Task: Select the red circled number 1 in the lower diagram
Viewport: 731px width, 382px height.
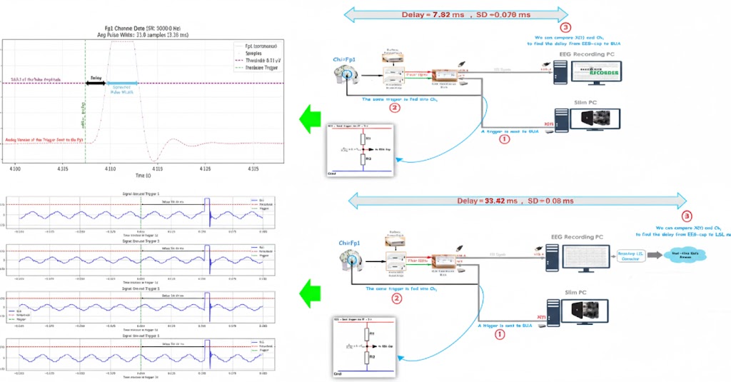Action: click(x=500, y=333)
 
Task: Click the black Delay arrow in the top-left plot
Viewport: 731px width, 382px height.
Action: click(x=96, y=84)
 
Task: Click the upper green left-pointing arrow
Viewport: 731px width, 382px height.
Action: click(x=312, y=117)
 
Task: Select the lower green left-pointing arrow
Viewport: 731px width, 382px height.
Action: click(x=312, y=291)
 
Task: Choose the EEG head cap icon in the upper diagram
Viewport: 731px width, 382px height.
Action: click(x=348, y=74)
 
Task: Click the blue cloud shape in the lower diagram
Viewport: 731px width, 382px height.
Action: click(x=686, y=254)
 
